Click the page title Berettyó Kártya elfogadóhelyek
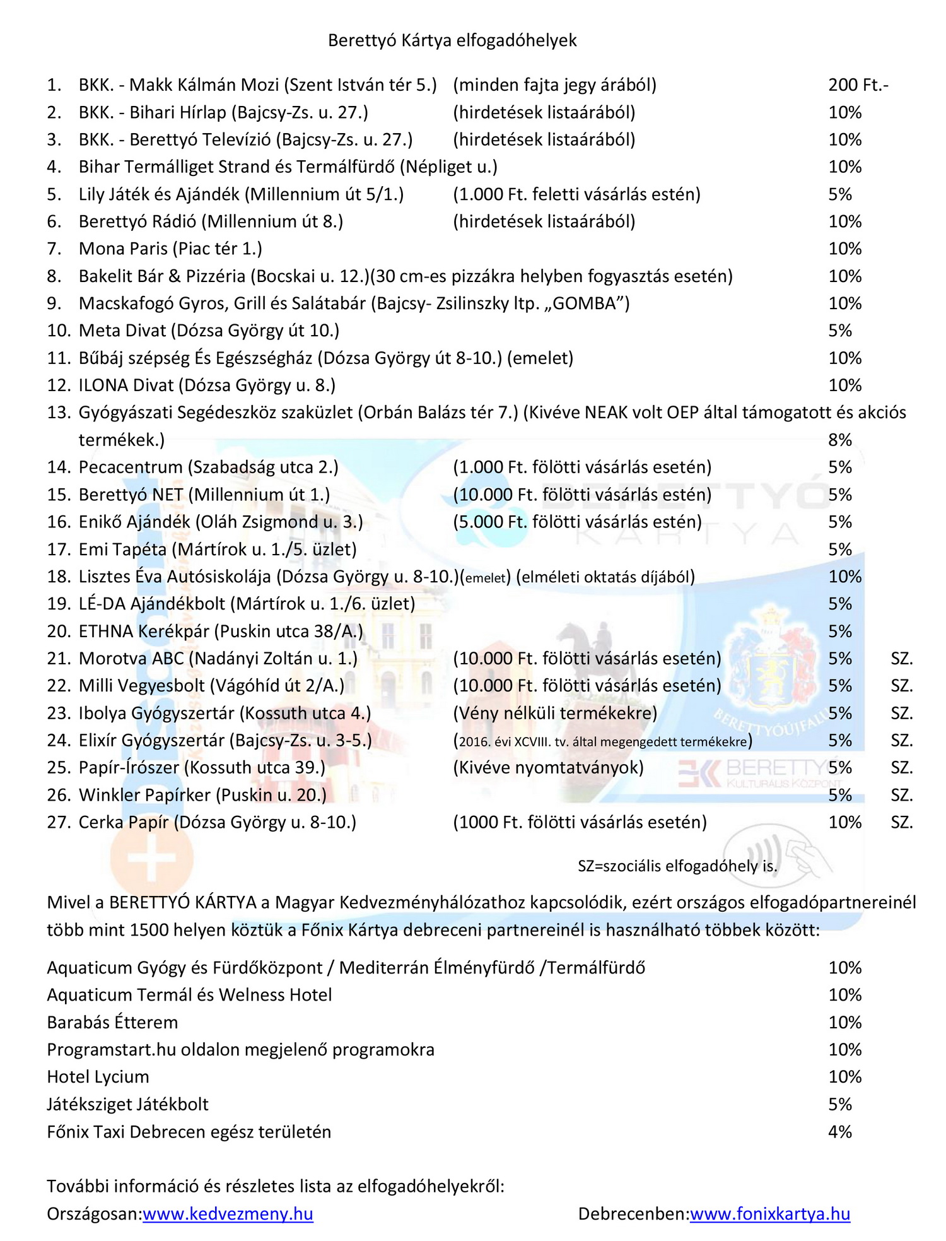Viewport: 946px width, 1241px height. click(x=452, y=40)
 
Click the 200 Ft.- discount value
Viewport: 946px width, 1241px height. click(x=858, y=85)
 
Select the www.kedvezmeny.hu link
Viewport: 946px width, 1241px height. click(x=228, y=1214)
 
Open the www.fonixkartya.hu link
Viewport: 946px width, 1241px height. click(x=769, y=1214)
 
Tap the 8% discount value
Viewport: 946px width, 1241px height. click(x=840, y=440)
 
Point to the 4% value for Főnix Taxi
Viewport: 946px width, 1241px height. click(x=840, y=1132)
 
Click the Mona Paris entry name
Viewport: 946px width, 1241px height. click(x=124, y=249)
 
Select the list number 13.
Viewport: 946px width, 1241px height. click(x=59, y=413)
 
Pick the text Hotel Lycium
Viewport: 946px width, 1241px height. click(x=98, y=1077)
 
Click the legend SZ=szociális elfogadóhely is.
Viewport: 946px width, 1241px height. click(x=677, y=866)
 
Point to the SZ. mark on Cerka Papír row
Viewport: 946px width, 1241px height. click(x=902, y=822)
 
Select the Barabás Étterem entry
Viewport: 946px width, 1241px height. click(x=112, y=1022)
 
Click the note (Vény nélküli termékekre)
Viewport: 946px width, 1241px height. click(x=555, y=713)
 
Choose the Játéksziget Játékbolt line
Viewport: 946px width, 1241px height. click(x=127, y=1104)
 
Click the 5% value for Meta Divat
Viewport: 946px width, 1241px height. click(x=840, y=331)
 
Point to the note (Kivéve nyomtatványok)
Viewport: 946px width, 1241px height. click(x=548, y=767)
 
